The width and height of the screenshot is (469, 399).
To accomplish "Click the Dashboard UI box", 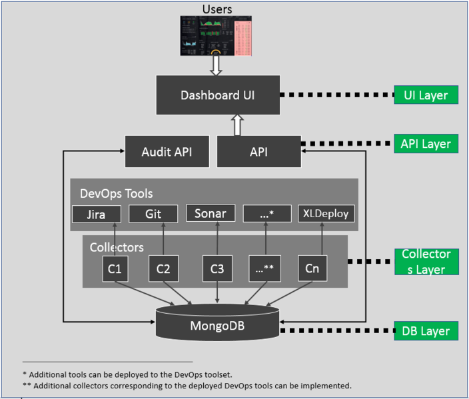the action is [218, 95].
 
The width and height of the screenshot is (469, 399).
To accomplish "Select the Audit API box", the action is [167, 152].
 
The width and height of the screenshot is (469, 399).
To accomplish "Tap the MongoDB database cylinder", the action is [217, 322].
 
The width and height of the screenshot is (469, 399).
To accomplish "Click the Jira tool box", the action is [97, 214].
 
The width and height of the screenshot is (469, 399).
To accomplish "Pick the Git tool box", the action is [153, 214].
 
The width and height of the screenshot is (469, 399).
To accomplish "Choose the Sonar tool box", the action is [211, 213].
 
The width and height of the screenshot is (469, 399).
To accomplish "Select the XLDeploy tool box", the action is [326, 214].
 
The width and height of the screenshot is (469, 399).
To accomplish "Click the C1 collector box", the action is [115, 268].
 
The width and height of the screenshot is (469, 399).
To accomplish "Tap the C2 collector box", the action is [163, 268].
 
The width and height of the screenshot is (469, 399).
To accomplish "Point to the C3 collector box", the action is [217, 268].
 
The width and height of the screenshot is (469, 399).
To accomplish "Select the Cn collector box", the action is [312, 268].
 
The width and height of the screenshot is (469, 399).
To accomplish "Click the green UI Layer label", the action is [426, 95].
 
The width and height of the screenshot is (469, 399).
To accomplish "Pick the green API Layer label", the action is [426, 144].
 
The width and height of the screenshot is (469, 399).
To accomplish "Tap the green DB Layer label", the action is [426, 331].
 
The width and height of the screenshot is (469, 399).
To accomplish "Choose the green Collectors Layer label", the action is [426, 262].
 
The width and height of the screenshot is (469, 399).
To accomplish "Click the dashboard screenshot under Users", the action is [216, 36].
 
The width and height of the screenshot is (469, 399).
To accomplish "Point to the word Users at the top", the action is [217, 9].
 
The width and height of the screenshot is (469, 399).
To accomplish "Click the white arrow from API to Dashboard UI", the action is [237, 125].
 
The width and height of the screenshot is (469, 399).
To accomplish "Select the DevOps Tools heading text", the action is [117, 194].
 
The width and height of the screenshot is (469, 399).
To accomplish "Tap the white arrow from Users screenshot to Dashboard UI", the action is [216, 65].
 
